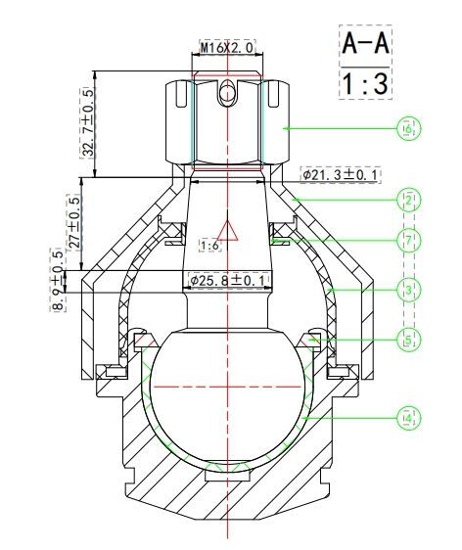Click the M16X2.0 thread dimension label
point(227,47)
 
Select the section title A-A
point(365,43)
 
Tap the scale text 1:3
point(365,84)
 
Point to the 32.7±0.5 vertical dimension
point(88,122)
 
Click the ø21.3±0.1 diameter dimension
point(341,174)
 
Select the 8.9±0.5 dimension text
point(58,280)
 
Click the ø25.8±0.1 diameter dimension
point(228,280)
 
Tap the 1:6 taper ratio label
point(210,246)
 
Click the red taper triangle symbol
point(228,231)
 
